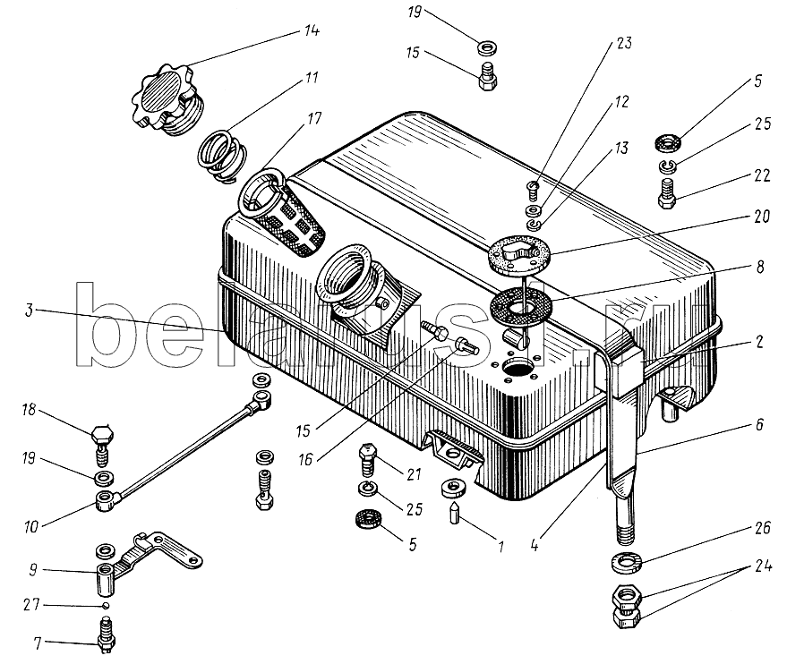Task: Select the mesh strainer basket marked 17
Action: (x=281, y=211)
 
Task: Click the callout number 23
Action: (x=624, y=43)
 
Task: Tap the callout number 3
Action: (x=30, y=311)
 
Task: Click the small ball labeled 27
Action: (x=106, y=606)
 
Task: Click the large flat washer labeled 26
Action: (x=627, y=562)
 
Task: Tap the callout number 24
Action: (x=764, y=566)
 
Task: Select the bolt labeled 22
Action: (x=668, y=193)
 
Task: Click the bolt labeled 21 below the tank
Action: (x=369, y=461)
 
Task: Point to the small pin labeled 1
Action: (x=455, y=512)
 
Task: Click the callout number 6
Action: (x=759, y=425)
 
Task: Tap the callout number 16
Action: (x=305, y=459)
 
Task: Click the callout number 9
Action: (x=33, y=570)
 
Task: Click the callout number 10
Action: (x=31, y=527)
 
